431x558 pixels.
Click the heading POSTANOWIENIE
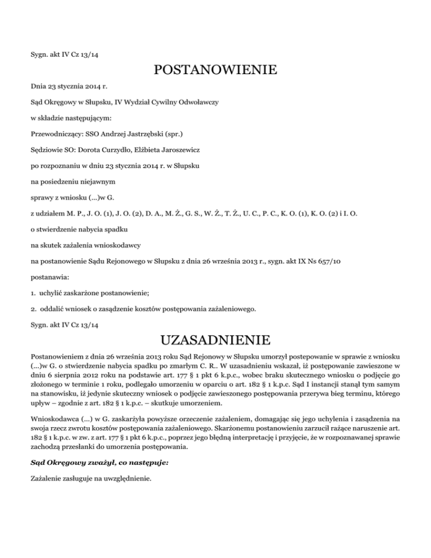tap(215, 71)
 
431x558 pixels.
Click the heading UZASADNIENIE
tap(215, 340)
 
